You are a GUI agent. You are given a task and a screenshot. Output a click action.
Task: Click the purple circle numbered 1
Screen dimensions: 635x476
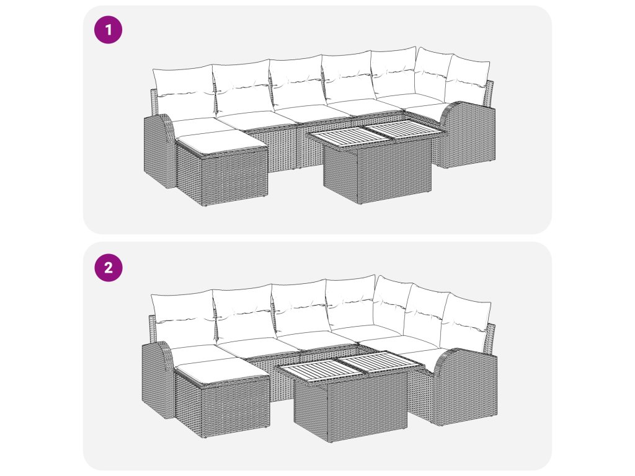[x=108, y=30]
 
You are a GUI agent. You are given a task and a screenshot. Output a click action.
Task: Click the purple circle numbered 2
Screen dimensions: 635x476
[x=108, y=268]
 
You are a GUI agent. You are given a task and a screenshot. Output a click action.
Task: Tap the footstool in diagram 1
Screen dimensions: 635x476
[x=221, y=167]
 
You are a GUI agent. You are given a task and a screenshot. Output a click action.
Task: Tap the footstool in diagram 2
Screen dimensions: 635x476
[x=222, y=399]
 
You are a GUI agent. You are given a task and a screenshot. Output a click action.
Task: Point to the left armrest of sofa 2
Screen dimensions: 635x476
[x=158, y=380]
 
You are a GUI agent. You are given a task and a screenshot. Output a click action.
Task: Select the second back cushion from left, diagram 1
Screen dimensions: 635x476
[x=242, y=87]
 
